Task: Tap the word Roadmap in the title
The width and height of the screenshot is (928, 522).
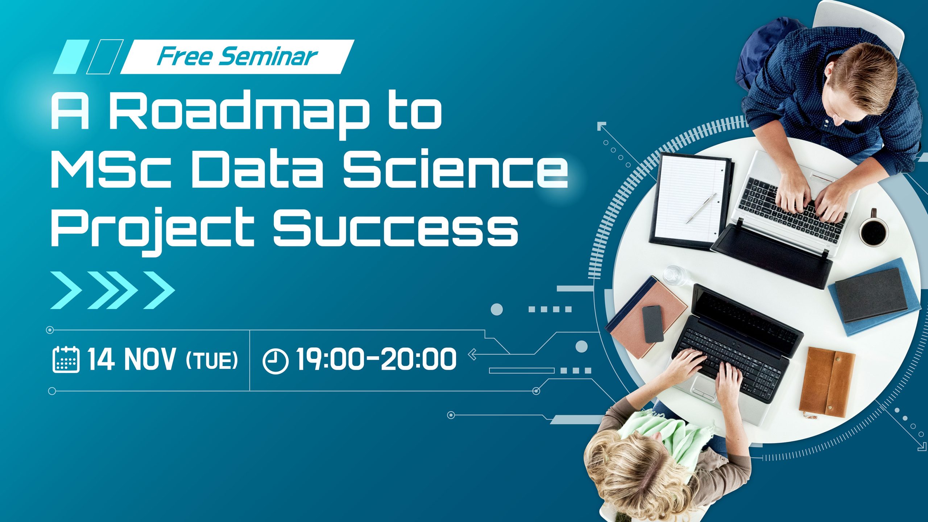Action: (x=238, y=112)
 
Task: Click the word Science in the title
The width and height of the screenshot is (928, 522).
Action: (x=455, y=170)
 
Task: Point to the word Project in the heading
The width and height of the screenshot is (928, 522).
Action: (x=152, y=229)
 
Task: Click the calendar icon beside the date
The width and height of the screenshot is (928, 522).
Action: (x=66, y=359)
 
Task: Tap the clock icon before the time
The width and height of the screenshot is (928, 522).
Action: (x=275, y=361)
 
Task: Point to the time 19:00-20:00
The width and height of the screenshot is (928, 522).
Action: (x=376, y=359)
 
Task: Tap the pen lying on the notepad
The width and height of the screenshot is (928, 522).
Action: (x=701, y=208)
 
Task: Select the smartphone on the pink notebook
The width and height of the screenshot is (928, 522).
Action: (x=652, y=324)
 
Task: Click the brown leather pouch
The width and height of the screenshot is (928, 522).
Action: (x=827, y=382)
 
